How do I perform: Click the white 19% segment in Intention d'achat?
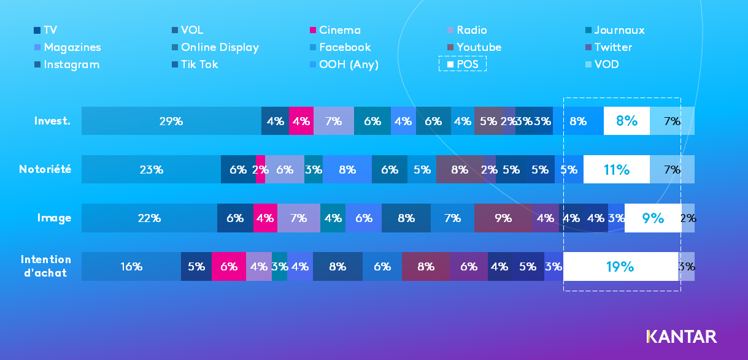pos(620,267)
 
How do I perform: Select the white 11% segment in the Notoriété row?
pos(616,170)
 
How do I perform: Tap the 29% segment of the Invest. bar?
pos(171,121)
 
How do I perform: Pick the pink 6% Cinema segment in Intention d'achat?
pos(229,267)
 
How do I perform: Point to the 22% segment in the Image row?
pos(149,218)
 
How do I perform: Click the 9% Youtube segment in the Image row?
pos(503,218)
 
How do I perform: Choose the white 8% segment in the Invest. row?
pos(627,121)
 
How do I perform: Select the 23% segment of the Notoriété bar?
pos(151,170)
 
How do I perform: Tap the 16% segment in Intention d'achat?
pos(131,267)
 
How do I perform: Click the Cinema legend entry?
pos(335,30)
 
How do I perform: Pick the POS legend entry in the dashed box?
pos(463,64)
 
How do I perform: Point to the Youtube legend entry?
pos(474,47)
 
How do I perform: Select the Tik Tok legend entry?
pos(195,64)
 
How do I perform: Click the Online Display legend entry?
pos(215,47)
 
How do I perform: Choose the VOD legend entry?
pos(602,64)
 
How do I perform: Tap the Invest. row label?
pos(53,121)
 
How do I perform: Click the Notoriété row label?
pos(45,169)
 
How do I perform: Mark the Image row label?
pos(54,218)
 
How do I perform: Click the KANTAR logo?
pos(681,336)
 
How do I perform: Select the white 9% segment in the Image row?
pos(652,218)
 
